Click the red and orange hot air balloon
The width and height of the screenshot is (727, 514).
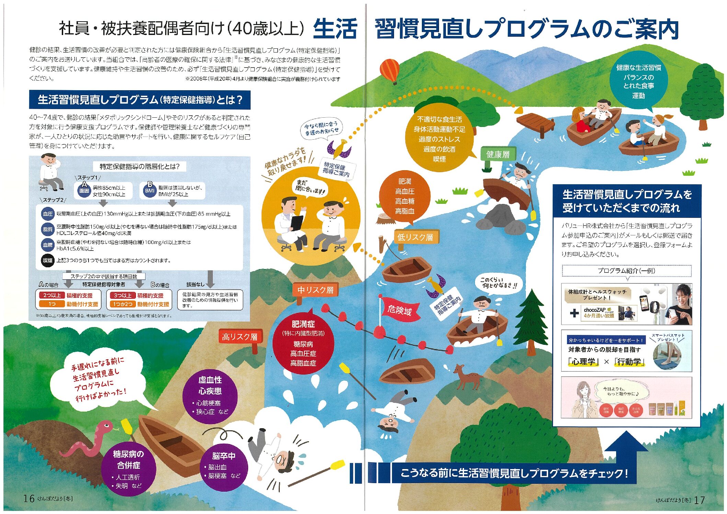pyautogui.click(x=390, y=70)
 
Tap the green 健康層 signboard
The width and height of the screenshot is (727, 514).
pyautogui.click(x=498, y=154)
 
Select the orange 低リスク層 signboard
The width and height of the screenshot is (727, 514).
pyautogui.click(x=415, y=237)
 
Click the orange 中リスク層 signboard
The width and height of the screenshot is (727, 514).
pyautogui.click(x=315, y=290)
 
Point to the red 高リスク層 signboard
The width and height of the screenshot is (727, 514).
pyautogui.click(x=240, y=337)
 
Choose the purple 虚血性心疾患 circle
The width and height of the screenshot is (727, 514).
pyautogui.click(x=210, y=395)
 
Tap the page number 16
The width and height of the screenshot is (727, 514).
pyautogui.click(x=29, y=498)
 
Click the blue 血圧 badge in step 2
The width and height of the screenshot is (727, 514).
pyautogui.click(x=48, y=214)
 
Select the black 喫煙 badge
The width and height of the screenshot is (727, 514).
pyautogui.click(x=48, y=260)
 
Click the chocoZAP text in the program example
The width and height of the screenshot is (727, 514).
pyautogui.click(x=595, y=309)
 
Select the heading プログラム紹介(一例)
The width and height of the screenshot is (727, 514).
pyautogui.click(x=626, y=270)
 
